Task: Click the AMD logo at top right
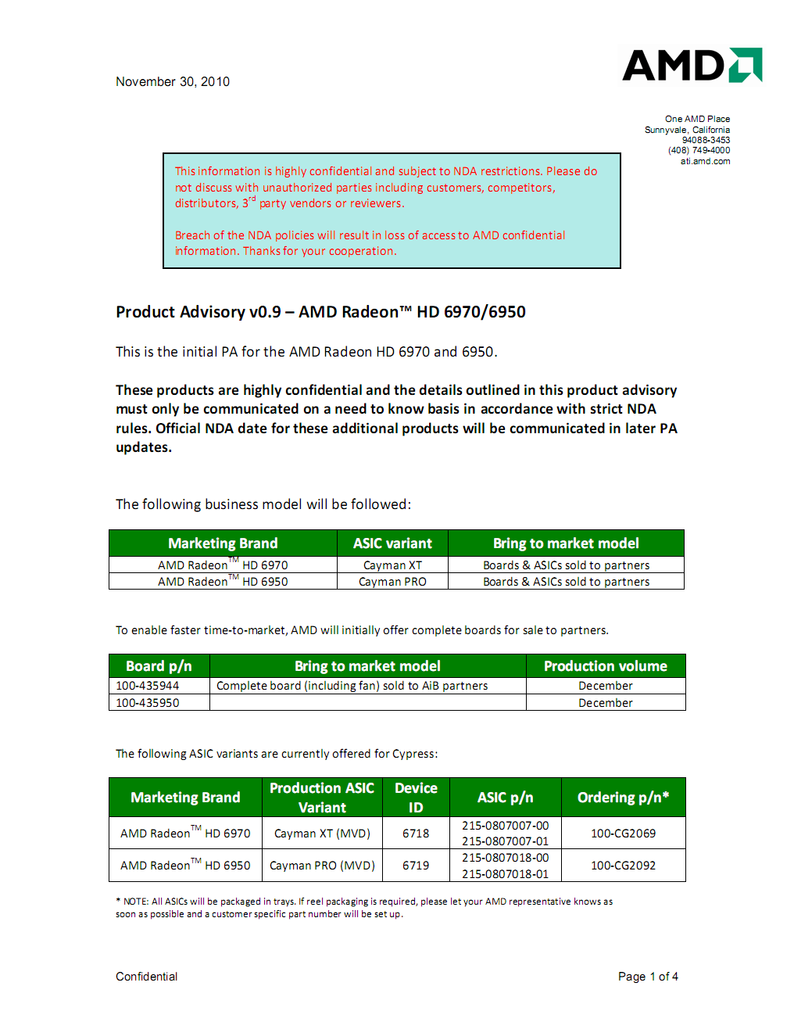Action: tap(692, 65)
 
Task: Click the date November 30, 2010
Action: tap(173, 81)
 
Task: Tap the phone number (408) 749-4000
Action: tap(699, 150)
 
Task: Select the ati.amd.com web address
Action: tap(705, 161)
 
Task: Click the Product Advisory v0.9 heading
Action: tap(320, 312)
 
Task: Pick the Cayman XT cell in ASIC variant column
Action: tap(392, 565)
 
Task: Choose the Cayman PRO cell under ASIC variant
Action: tap(392, 582)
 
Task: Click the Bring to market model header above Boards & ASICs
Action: tap(566, 543)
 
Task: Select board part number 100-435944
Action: tap(148, 686)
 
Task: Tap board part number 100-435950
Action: tap(148, 703)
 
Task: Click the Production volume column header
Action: tap(606, 666)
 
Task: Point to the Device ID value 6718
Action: tap(416, 834)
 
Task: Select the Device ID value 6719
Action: tap(416, 866)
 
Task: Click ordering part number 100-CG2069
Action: tap(623, 834)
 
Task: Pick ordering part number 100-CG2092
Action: tap(623, 866)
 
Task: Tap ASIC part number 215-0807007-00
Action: tap(505, 826)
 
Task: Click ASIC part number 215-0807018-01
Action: tap(505, 874)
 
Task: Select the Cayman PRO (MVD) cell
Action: tap(322, 866)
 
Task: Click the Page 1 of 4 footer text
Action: tap(648, 977)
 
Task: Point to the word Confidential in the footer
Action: tap(147, 977)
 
